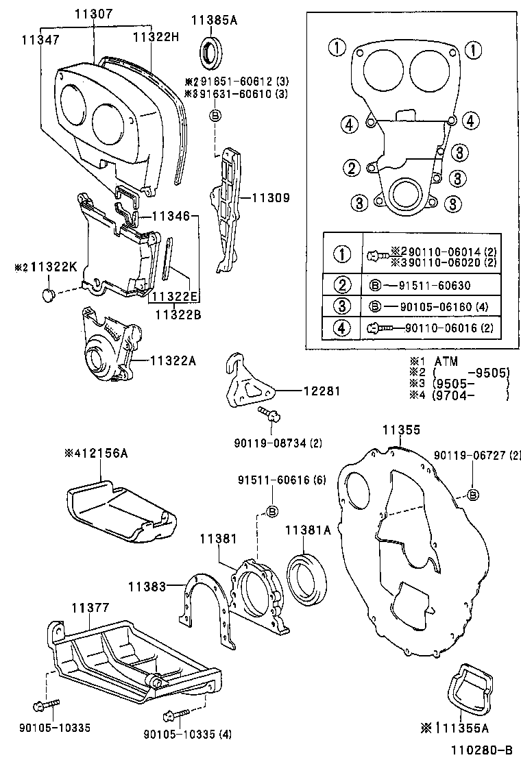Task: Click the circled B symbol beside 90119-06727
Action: click(473, 495)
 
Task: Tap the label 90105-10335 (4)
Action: click(187, 735)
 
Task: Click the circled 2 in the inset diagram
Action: click(352, 168)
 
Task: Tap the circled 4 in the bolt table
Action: click(341, 328)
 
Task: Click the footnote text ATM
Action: click(446, 361)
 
